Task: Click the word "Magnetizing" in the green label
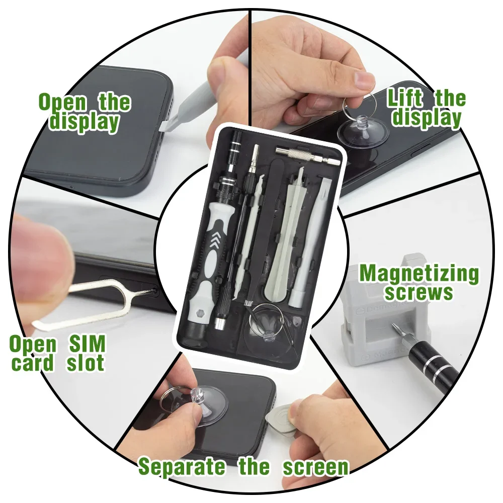(419, 274)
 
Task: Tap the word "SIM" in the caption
(87, 344)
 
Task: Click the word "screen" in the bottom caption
(315, 467)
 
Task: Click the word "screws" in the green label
(419, 293)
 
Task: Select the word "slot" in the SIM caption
(86, 363)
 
